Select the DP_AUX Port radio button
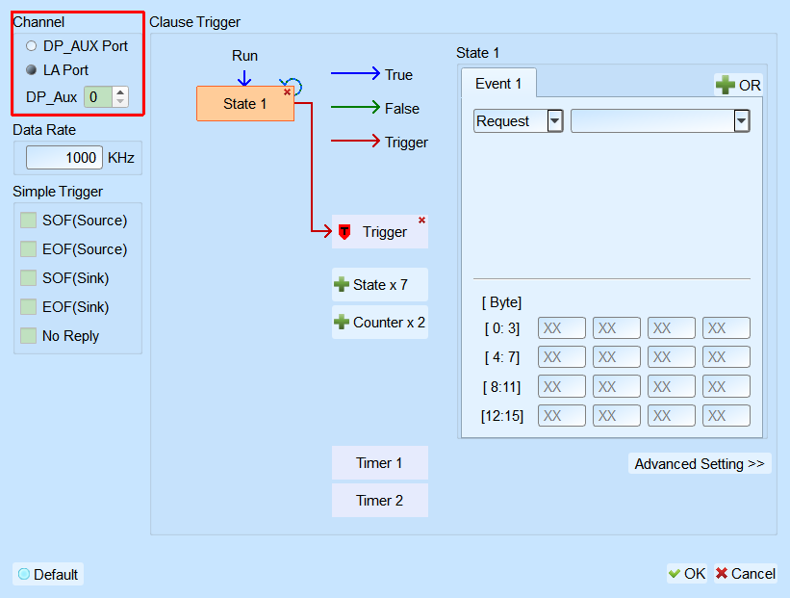point(31,46)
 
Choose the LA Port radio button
point(31,69)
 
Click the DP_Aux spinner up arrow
point(120,92)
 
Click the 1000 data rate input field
point(64,158)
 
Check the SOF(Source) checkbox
point(28,220)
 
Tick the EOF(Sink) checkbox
point(28,306)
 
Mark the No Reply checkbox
point(28,335)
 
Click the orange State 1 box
point(244,103)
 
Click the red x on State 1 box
point(287,91)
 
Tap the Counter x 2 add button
point(380,323)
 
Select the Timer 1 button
point(380,463)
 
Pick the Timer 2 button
point(380,500)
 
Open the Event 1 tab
point(498,83)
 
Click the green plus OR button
point(738,85)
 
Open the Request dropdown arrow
point(554,121)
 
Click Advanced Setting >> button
point(700,463)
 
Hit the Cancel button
point(745,574)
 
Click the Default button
point(48,574)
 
